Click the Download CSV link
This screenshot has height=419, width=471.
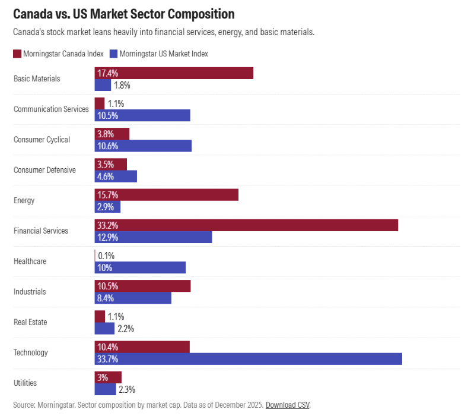point(288,405)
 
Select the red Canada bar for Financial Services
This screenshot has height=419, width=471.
point(246,225)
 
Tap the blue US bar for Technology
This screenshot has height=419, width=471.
point(249,359)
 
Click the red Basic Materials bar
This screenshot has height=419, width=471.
point(174,73)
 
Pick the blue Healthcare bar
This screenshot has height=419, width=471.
point(140,267)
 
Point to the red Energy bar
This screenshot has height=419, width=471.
point(167,195)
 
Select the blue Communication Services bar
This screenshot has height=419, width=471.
point(142,115)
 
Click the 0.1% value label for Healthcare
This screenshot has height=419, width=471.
point(106,256)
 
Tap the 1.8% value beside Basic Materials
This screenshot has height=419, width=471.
point(122,85)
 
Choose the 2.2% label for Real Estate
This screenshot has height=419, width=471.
point(126,329)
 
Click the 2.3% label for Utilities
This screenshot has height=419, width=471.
point(127,389)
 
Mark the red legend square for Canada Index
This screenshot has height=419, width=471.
point(17,54)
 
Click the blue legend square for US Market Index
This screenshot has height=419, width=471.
point(113,54)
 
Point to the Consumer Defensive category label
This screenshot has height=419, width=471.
point(44,170)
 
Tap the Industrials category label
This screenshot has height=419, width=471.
point(30,292)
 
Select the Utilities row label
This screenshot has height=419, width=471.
point(26,383)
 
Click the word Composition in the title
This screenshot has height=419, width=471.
point(201,14)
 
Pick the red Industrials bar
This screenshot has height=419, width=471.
point(143,286)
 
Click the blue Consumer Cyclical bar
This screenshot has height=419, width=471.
point(143,146)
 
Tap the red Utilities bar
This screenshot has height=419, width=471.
point(108,377)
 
